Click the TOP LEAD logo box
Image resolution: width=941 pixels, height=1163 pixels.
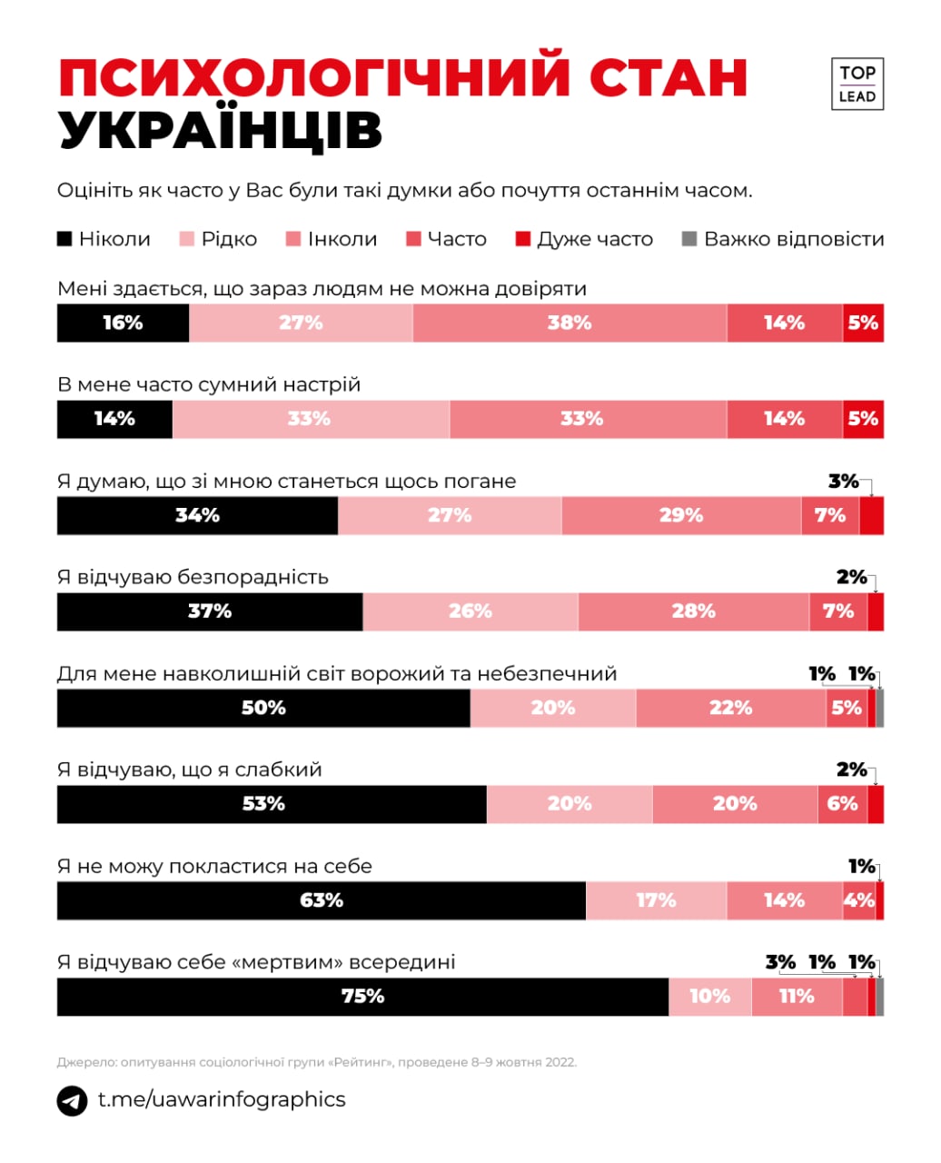[x=857, y=84]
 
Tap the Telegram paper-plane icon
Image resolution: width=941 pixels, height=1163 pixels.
[x=72, y=1100]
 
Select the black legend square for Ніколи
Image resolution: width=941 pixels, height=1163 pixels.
[x=64, y=239]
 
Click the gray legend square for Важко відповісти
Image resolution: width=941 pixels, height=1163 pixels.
[x=689, y=239]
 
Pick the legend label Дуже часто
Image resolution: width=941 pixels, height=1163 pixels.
[x=595, y=239]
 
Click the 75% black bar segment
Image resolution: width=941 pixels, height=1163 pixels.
[x=362, y=997]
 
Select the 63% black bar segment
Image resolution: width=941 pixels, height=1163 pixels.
[x=321, y=900]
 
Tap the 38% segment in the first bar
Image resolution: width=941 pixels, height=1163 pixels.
[x=570, y=323]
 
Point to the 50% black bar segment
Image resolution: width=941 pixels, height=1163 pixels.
[x=263, y=708]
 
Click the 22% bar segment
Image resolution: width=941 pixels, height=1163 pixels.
[x=730, y=708]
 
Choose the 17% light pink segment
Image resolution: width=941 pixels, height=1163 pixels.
[x=656, y=900]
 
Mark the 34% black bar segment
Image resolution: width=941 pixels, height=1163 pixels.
[x=197, y=515]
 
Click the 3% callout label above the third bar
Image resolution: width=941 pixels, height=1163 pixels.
[x=844, y=481]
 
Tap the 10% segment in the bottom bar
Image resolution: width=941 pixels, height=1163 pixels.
[x=709, y=997]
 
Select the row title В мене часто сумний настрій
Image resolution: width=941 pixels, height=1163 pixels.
[x=209, y=384]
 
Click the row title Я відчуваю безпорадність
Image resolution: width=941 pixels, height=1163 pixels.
[x=193, y=577]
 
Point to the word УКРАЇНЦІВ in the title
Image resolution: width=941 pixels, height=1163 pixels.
[x=221, y=131]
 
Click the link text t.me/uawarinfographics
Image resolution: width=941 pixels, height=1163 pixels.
[x=222, y=1099]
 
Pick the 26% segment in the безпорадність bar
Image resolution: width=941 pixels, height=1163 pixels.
[x=470, y=611]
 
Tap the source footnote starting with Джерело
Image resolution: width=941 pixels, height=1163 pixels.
[x=316, y=1061]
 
